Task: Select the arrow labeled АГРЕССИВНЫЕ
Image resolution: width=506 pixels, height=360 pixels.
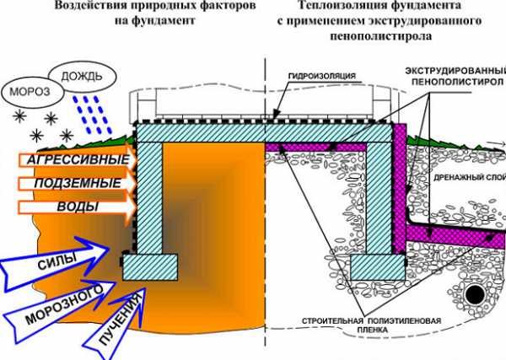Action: tap(78, 160)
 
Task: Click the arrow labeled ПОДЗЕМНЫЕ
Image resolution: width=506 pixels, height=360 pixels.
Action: tap(78, 183)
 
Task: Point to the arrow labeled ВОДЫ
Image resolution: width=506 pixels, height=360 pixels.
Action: tap(78, 207)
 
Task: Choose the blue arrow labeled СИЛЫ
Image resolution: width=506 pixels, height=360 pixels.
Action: tap(55, 266)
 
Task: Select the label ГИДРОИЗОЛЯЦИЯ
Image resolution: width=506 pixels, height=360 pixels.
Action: tap(321, 76)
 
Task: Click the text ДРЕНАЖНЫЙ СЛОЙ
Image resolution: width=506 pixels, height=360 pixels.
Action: tap(469, 177)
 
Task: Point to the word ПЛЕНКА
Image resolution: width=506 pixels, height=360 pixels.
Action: tap(372, 330)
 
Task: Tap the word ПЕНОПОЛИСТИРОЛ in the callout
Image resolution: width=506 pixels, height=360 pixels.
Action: tap(457, 82)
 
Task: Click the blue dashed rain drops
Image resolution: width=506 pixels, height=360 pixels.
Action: tap(92, 115)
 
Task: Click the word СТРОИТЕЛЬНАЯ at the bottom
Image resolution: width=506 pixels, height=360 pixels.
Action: tap(332, 321)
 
